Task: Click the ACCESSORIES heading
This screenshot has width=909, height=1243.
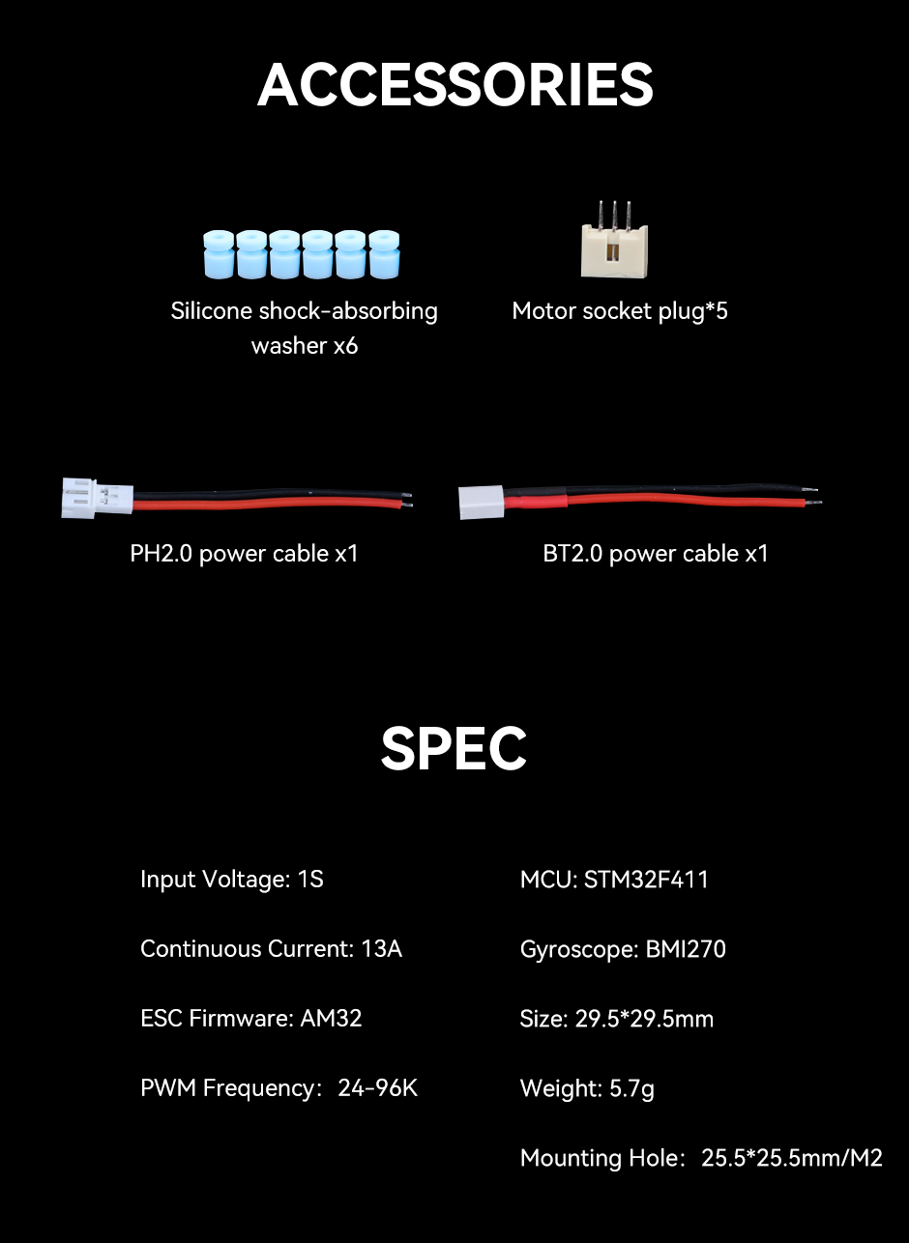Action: (x=454, y=84)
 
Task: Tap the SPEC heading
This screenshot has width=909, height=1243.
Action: (x=454, y=748)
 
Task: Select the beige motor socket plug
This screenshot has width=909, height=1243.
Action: (x=614, y=240)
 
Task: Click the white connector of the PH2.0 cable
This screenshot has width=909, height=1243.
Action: (x=97, y=499)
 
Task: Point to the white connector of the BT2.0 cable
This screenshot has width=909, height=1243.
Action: (x=482, y=503)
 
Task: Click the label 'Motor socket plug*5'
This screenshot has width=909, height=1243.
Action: (x=620, y=311)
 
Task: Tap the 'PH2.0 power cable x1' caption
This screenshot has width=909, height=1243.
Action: (x=245, y=554)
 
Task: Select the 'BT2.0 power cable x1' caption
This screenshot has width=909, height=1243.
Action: (x=656, y=554)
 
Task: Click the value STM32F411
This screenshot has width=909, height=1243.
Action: (x=646, y=880)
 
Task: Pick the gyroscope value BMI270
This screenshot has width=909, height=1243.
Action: (x=686, y=949)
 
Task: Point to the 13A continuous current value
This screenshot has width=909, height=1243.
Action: (x=381, y=949)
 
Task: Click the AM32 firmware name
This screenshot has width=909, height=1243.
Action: (x=331, y=1018)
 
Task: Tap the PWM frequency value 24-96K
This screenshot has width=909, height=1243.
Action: (x=377, y=1088)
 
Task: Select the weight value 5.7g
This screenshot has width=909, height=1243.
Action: (x=631, y=1088)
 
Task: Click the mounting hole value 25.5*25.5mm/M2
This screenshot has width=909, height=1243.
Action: (x=792, y=1158)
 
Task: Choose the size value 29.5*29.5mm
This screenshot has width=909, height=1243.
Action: (x=644, y=1019)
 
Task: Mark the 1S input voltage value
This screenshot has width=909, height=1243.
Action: (x=310, y=880)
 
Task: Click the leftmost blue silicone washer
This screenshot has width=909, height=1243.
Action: (x=219, y=254)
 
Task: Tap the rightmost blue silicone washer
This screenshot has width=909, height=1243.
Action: (x=384, y=254)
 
